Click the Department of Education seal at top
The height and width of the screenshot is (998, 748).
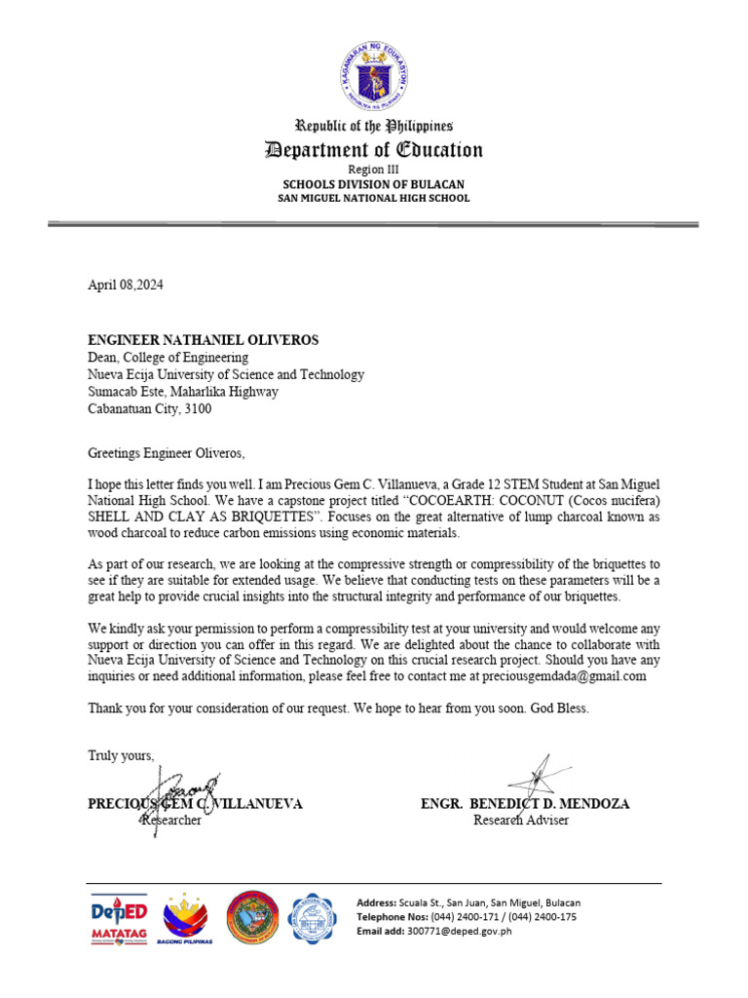[x=374, y=74]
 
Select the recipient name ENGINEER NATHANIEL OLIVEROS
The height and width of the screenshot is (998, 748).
[x=204, y=340]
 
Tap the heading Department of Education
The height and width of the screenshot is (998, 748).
[x=374, y=150]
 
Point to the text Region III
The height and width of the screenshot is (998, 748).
[x=374, y=169]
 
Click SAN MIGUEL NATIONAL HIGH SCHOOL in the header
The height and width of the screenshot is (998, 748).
[x=374, y=198]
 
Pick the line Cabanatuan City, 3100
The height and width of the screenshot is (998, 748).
[x=150, y=409]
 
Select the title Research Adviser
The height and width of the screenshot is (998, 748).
[x=521, y=821]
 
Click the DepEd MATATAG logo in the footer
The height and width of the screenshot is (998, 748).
[x=119, y=921]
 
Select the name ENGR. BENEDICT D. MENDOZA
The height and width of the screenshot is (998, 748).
[x=525, y=804]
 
